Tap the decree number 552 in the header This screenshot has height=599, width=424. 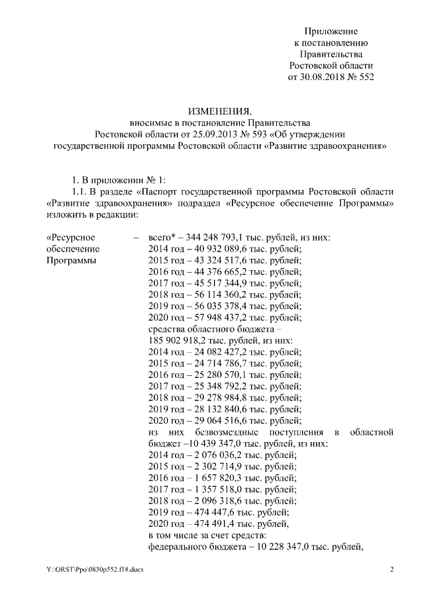point(366,77)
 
